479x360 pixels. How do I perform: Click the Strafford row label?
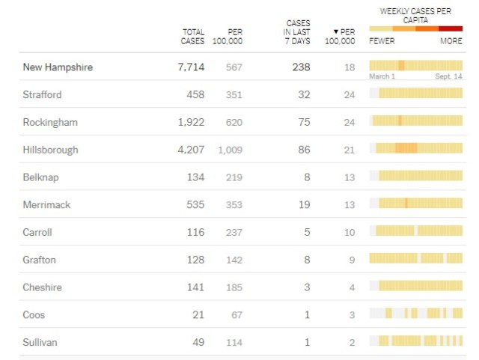42,95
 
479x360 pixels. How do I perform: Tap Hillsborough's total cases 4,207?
190,150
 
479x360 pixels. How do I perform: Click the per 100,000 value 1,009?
230,150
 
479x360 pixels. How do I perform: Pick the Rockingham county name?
50,122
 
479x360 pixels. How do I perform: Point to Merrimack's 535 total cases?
195,205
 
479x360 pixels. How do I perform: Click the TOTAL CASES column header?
193,37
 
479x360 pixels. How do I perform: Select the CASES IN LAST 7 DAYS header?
297,32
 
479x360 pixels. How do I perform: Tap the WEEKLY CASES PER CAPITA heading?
415,16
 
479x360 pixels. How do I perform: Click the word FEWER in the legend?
382,41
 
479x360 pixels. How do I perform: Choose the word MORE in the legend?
451,41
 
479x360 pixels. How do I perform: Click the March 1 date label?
382,76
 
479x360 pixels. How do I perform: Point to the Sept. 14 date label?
448,76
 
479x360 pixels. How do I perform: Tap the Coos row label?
34,315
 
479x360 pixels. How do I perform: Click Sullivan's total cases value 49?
198,342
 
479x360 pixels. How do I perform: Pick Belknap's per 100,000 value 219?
234,177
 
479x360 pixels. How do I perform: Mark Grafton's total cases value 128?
195,260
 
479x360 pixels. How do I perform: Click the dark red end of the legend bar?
451,28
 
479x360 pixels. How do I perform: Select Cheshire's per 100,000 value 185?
234,287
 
